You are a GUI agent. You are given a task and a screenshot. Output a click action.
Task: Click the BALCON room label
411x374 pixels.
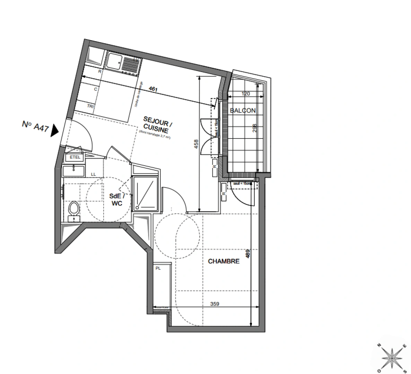click(243, 111)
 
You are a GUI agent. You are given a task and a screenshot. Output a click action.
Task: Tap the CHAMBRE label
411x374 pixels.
click(224, 261)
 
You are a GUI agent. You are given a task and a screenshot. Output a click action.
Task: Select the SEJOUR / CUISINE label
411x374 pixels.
click(156, 126)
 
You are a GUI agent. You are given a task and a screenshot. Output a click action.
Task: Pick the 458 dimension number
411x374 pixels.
click(196, 144)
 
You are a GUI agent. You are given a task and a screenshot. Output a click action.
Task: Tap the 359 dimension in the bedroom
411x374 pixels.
click(215, 304)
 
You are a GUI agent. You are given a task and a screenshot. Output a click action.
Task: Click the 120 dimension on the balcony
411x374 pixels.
click(245, 93)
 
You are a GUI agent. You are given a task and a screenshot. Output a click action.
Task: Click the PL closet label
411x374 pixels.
click(158, 268)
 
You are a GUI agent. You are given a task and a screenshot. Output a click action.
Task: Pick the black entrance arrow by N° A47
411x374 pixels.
click(55, 131)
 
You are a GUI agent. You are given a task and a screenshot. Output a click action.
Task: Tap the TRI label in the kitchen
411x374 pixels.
click(90, 106)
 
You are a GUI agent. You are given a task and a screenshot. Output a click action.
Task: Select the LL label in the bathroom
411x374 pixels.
click(93, 174)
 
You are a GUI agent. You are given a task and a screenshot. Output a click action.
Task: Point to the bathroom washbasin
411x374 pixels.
click(74, 170)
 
